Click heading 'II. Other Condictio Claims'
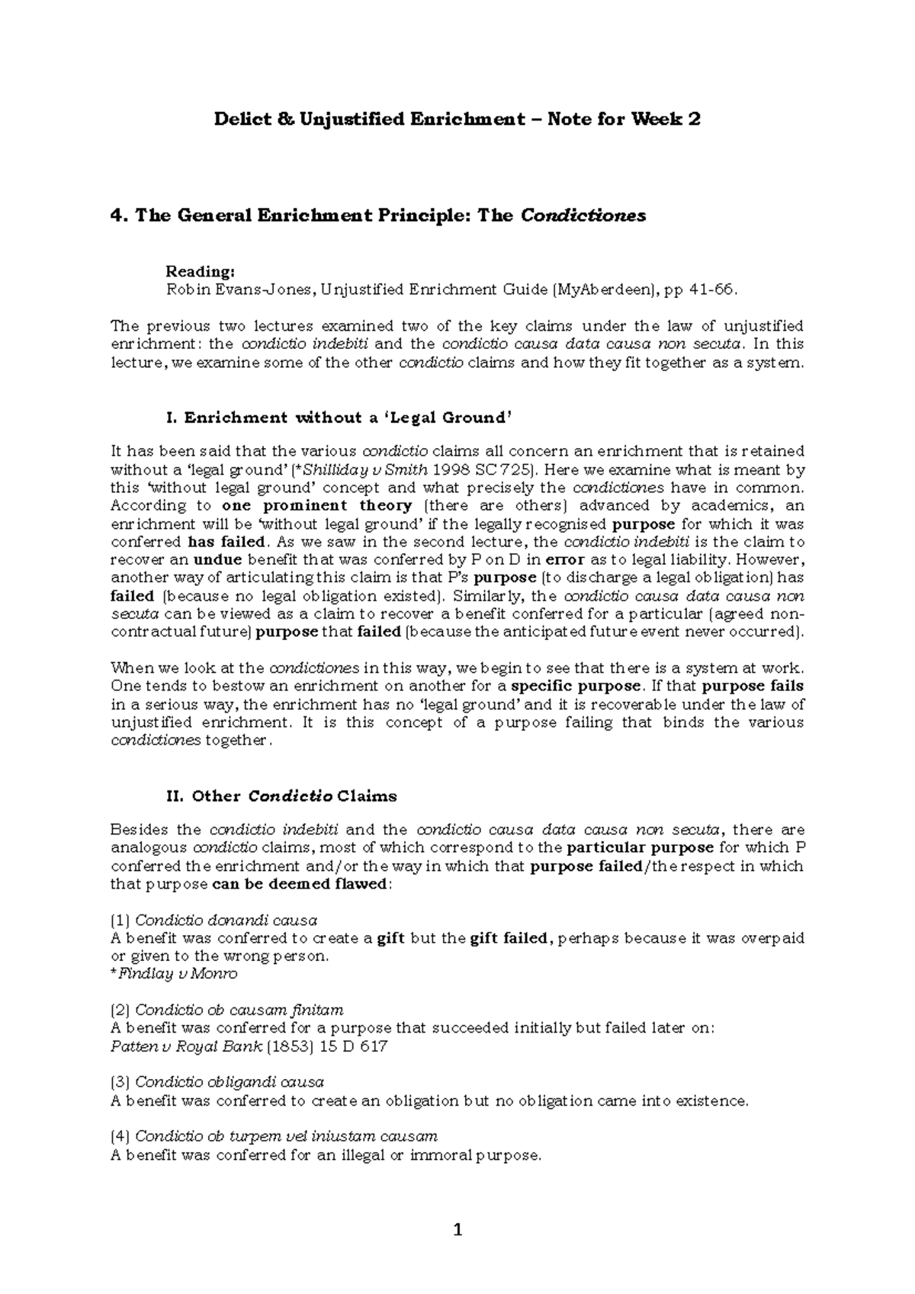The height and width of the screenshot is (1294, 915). coord(281,796)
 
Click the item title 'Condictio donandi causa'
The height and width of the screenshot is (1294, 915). coord(226,920)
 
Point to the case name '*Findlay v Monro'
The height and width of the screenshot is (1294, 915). coord(174,974)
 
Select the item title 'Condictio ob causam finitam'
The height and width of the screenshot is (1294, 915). coord(239,1010)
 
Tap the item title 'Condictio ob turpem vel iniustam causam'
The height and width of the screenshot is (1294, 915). coord(286,1136)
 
